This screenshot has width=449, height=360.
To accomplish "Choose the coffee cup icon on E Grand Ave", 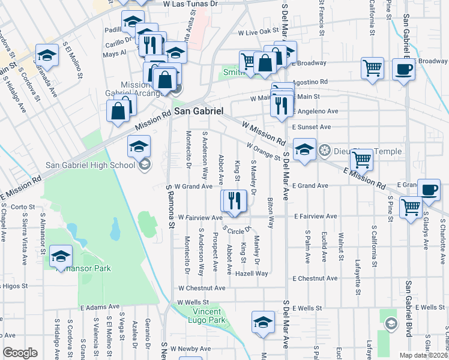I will (x=428, y=190).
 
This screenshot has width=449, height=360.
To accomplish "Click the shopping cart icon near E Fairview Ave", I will (x=411, y=208).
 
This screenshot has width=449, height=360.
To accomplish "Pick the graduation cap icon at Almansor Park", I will (x=61, y=256).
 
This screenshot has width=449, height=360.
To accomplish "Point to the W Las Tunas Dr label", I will (x=188, y=4).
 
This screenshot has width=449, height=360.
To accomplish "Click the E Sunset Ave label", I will (x=312, y=127).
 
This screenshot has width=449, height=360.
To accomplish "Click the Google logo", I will (x=20, y=353).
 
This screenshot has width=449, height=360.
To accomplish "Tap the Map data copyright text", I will (x=424, y=355).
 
